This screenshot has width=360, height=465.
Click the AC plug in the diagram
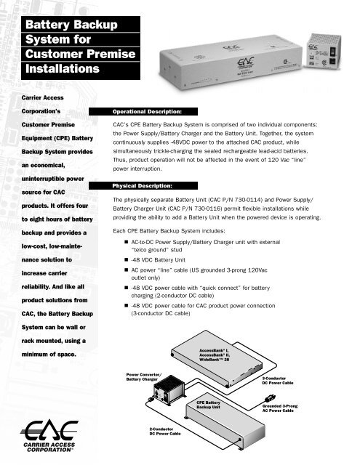pos(267,397)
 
